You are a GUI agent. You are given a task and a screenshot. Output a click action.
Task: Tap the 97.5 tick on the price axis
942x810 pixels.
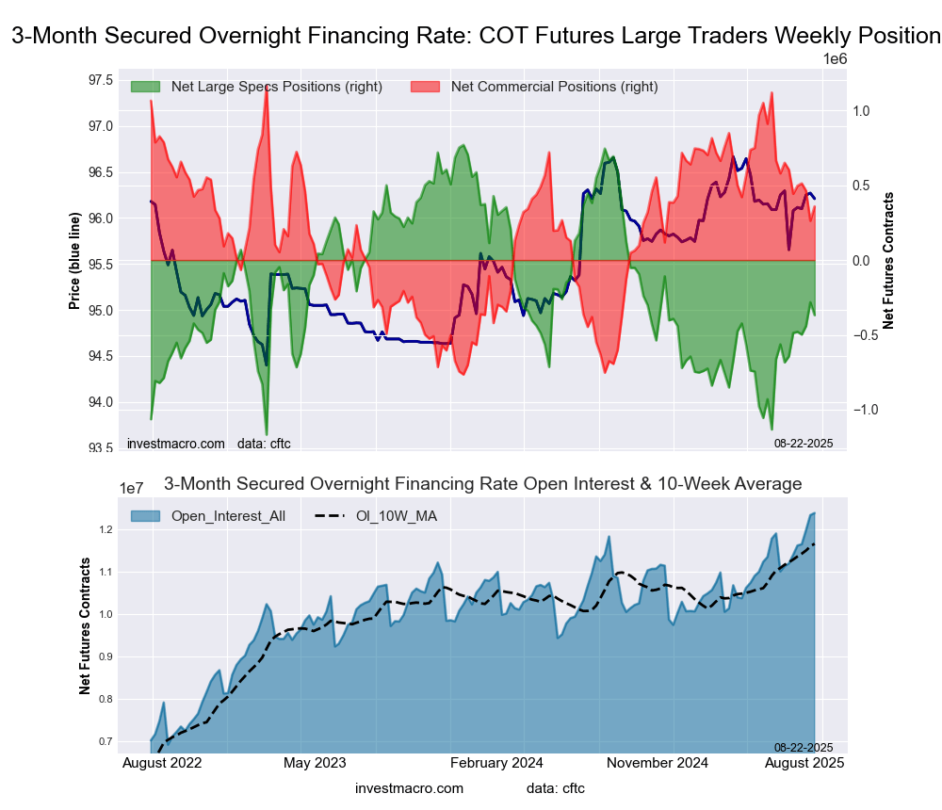(100, 79)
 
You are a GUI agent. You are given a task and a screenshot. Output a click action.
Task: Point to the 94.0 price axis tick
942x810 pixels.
(100, 402)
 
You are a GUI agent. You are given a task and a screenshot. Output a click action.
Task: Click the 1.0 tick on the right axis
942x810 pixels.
(861, 111)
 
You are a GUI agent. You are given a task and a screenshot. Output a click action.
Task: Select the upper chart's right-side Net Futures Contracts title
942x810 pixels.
(888, 261)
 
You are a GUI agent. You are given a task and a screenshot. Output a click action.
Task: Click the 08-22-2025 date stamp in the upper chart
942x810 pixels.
(804, 442)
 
